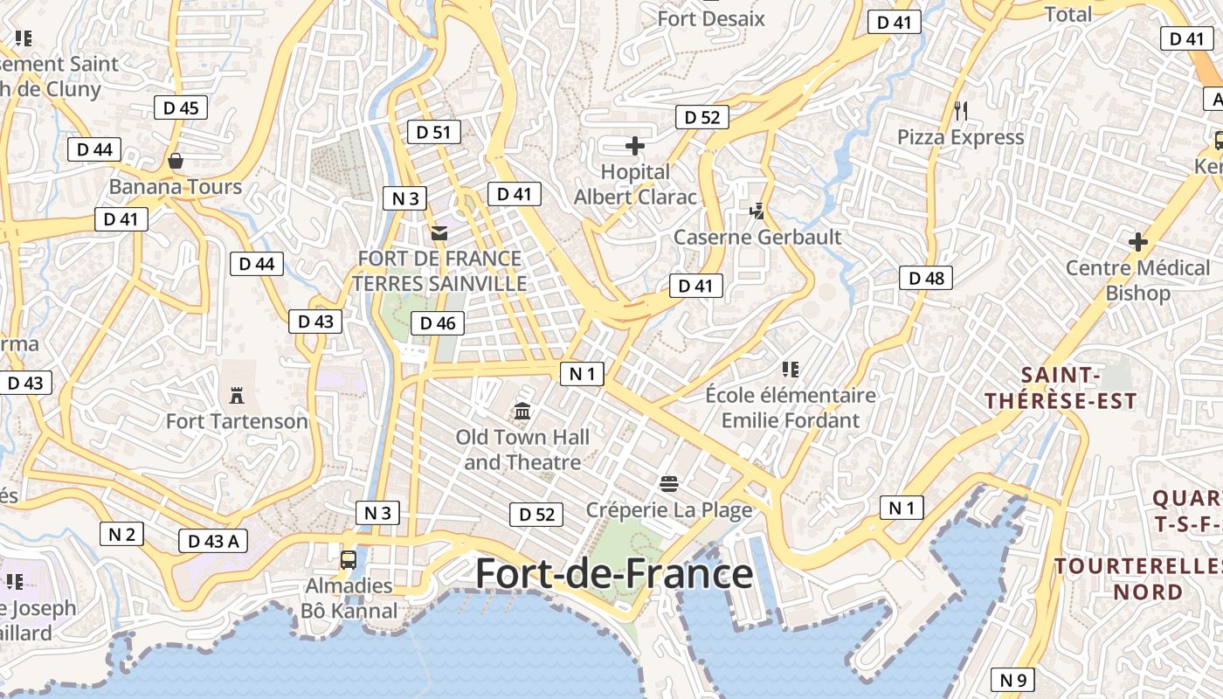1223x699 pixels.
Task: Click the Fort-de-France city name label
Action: [613, 574]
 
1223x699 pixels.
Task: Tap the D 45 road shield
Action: [182, 107]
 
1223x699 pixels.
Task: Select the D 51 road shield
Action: [433, 132]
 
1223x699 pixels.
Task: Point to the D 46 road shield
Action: [438, 323]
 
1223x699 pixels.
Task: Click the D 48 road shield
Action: [926, 278]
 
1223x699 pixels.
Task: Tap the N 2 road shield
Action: [121, 533]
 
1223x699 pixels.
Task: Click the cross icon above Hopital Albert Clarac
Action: [635, 146]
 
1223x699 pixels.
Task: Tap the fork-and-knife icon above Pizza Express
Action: [961, 110]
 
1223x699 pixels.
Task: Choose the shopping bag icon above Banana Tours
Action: [176, 161]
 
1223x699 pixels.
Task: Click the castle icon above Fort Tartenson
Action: [236, 395]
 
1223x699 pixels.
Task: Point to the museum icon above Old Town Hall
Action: [522, 410]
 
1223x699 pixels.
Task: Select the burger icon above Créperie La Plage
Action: [669, 482]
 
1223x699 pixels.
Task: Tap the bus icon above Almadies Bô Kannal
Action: [349, 559]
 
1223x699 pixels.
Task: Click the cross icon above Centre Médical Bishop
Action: [1137, 241]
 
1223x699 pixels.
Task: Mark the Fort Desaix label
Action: [711, 18]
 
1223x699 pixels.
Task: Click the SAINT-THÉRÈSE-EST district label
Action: [1061, 388]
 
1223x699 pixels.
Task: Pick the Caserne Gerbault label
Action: [757, 237]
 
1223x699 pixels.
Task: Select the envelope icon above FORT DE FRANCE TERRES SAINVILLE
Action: [439, 232]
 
